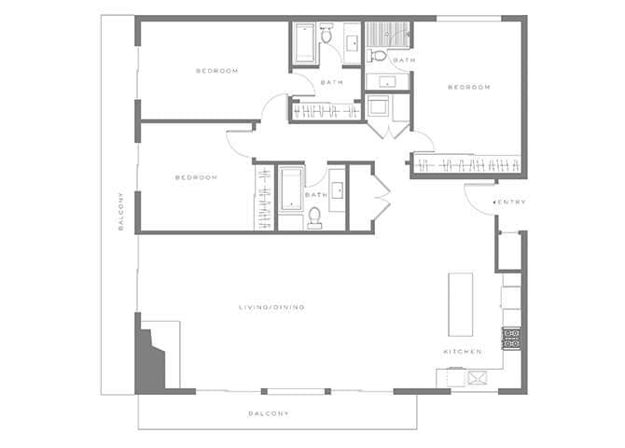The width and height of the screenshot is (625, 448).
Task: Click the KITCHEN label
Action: click(462, 352)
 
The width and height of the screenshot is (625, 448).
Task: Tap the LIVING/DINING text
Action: click(271, 307)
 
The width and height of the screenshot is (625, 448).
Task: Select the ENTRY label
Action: click(513, 203)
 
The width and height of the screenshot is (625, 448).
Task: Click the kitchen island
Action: click(461, 304)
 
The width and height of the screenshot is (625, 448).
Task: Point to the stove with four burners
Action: click(511, 338)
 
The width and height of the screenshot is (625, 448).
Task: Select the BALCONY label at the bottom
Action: click(269, 413)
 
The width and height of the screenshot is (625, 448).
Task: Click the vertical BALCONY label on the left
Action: click(120, 224)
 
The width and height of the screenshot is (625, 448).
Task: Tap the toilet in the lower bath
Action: click(314, 218)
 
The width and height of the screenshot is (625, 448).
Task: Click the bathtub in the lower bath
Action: click(290, 190)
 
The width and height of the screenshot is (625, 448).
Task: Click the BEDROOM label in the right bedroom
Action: click(468, 88)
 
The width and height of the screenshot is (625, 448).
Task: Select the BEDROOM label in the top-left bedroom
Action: click(216, 71)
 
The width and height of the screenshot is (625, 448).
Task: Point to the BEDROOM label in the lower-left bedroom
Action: click(196, 177)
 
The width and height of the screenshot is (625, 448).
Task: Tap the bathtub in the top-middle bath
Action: click(306, 43)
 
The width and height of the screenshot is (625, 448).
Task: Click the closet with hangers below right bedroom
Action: click(466, 165)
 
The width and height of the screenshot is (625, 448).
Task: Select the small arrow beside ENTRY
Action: click(495, 203)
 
